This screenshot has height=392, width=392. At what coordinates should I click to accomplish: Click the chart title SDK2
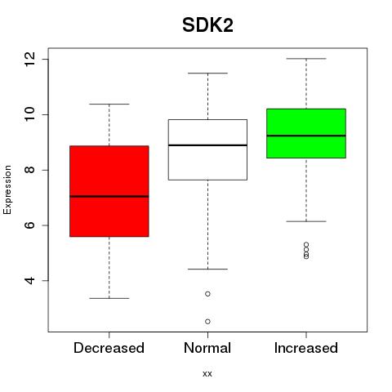[207, 25]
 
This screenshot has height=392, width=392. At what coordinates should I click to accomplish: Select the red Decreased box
[109, 191]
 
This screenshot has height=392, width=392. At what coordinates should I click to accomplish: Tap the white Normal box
[207, 149]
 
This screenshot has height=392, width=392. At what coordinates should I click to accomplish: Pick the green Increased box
[306, 133]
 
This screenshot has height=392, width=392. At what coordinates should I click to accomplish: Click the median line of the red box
[109, 196]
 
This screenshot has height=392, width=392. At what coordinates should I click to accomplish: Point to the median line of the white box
[207, 145]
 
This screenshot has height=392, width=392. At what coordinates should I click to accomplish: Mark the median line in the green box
[306, 136]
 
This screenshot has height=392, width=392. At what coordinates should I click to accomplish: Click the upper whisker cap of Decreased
[109, 104]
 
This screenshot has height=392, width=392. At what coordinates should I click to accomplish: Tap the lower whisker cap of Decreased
[109, 298]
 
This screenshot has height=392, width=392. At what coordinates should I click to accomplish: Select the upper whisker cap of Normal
[207, 73]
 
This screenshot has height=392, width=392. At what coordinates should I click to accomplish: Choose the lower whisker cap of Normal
[207, 269]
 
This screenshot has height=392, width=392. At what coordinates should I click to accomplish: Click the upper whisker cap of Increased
[306, 59]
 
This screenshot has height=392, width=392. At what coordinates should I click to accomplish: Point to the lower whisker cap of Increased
[306, 221]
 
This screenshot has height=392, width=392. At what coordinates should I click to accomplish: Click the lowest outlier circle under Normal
[207, 322]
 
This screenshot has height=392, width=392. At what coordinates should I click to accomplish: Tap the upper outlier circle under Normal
[207, 294]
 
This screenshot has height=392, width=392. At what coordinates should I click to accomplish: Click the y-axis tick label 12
[29, 59]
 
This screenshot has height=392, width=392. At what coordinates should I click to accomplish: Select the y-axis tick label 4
[29, 280]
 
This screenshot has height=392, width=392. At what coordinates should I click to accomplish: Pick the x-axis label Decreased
[109, 348]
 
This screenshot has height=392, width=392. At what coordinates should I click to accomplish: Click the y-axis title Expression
[7, 189]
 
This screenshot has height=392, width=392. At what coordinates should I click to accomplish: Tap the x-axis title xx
[207, 374]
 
